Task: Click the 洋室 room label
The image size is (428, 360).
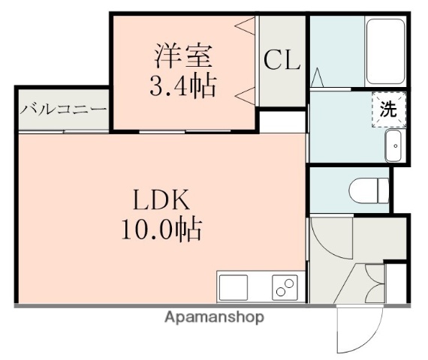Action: click(x=184, y=56)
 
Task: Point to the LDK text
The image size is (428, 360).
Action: click(x=161, y=200)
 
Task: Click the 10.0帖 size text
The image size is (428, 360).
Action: click(x=161, y=229)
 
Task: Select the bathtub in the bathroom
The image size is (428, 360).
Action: click(x=385, y=51)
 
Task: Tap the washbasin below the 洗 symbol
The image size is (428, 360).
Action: click(x=393, y=146)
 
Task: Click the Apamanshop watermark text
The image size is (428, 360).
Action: click(x=214, y=317)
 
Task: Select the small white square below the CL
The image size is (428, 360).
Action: click(x=282, y=120)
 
